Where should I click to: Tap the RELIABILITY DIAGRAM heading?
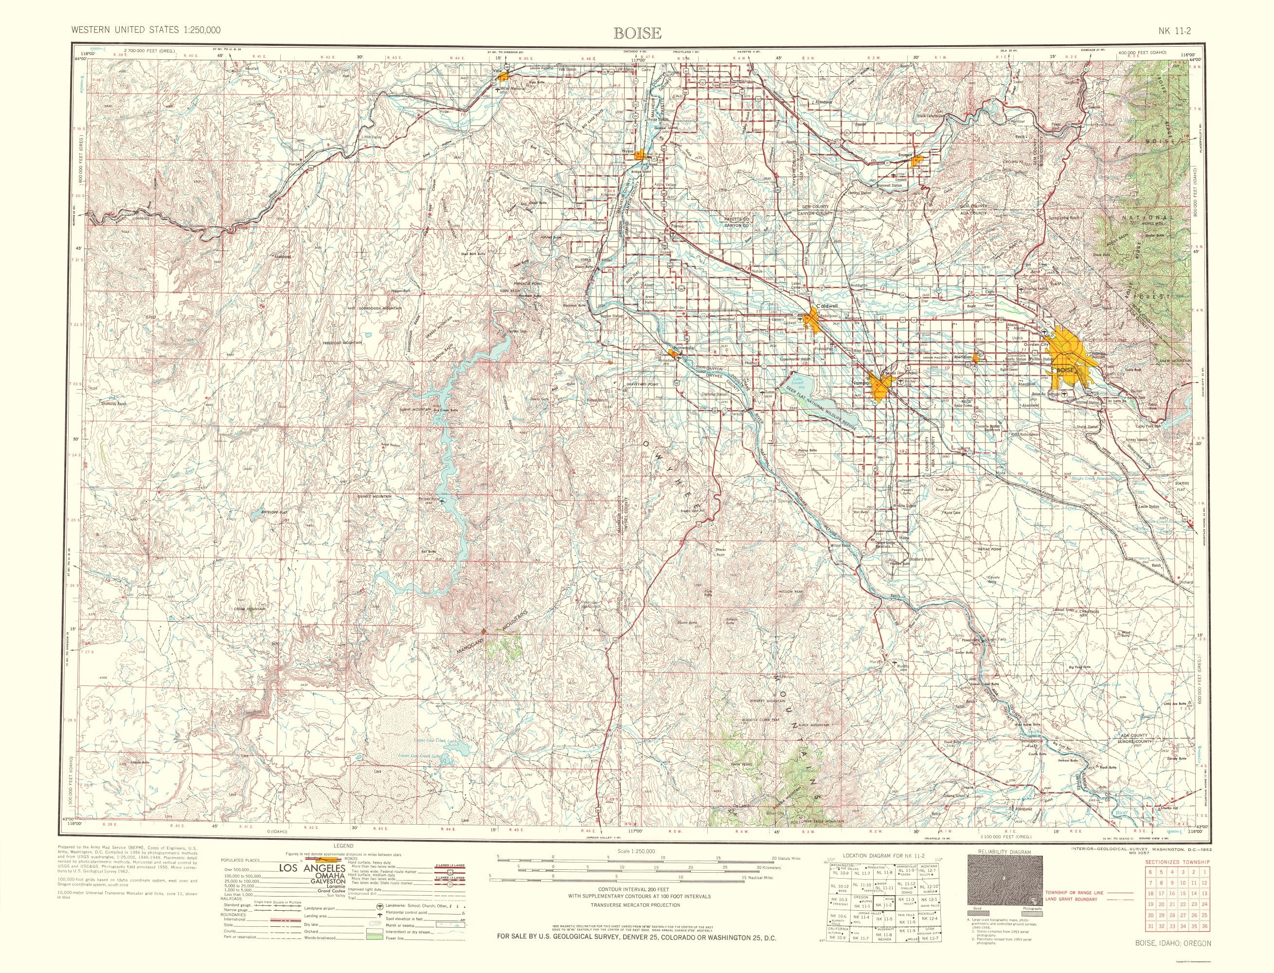coord(1005,851)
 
